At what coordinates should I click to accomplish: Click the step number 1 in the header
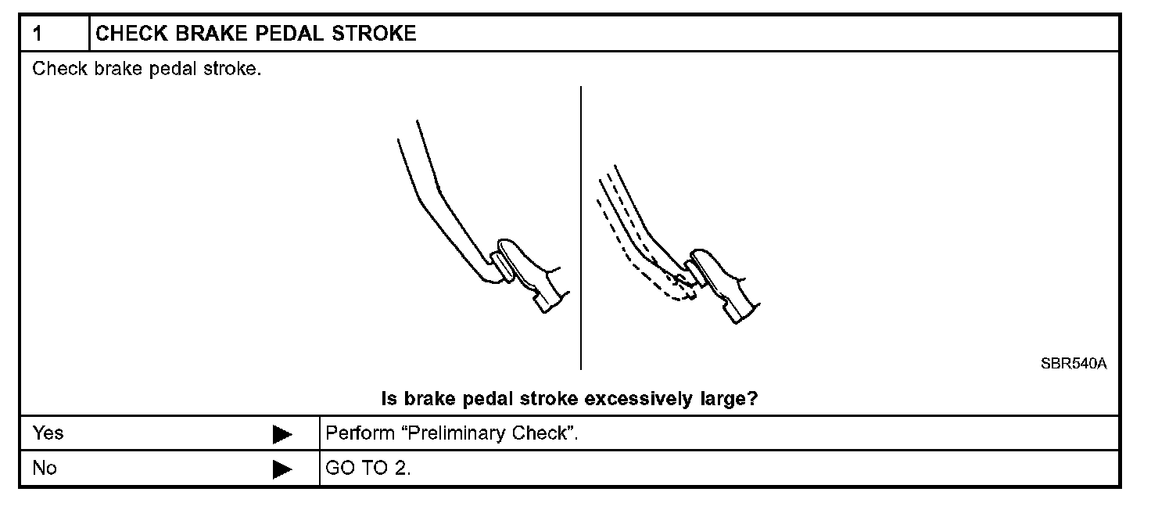point(37,34)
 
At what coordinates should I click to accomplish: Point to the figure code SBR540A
point(1074,365)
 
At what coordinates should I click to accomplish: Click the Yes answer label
point(48,433)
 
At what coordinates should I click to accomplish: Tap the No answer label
point(45,469)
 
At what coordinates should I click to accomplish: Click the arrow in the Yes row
point(282,434)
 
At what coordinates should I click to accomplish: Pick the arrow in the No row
point(282,469)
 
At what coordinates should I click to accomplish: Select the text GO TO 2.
point(368,469)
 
